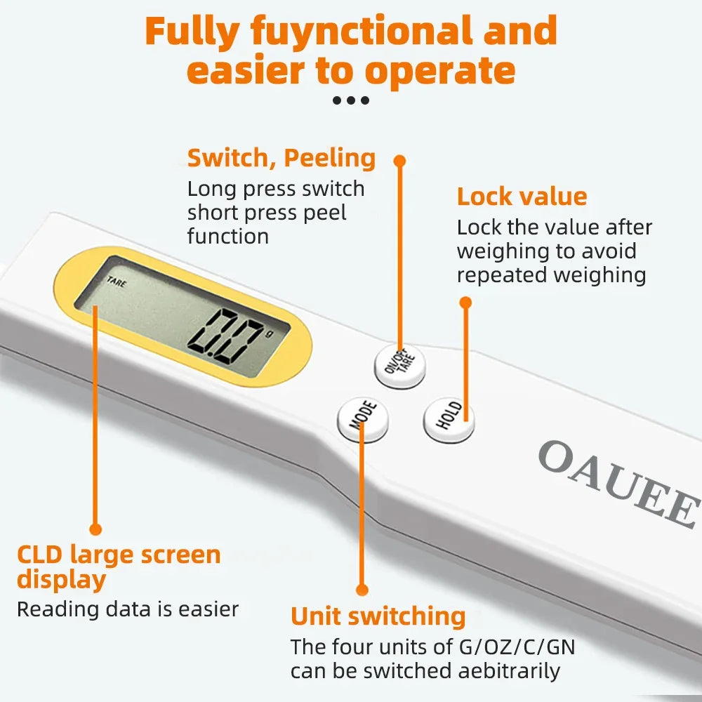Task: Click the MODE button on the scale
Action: click(x=363, y=420)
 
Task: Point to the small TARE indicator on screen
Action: click(x=116, y=282)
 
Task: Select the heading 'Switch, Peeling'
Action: click(x=282, y=158)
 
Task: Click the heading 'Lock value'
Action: click(x=522, y=197)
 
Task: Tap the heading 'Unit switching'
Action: click(x=378, y=616)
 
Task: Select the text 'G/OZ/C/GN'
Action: click(x=517, y=647)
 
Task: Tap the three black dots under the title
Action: click(x=350, y=100)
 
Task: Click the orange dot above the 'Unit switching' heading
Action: click(x=362, y=590)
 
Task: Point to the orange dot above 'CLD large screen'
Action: click(x=96, y=529)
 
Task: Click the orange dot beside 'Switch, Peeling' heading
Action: click(x=399, y=161)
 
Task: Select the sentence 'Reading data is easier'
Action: click(x=128, y=609)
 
